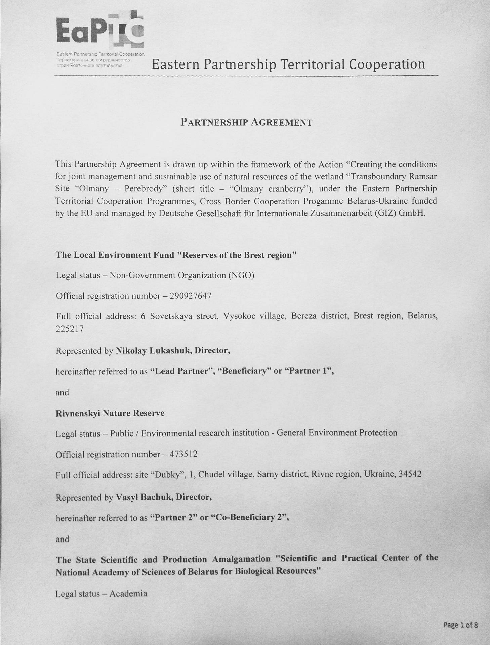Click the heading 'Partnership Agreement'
(x=246, y=122)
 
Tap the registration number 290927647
(x=191, y=296)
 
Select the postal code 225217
(x=69, y=329)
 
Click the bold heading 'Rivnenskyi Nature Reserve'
(x=110, y=413)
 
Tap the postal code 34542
(x=409, y=474)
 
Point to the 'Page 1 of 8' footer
(x=460, y=625)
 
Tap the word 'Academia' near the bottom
(x=128, y=594)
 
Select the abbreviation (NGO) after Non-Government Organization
(x=241, y=275)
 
